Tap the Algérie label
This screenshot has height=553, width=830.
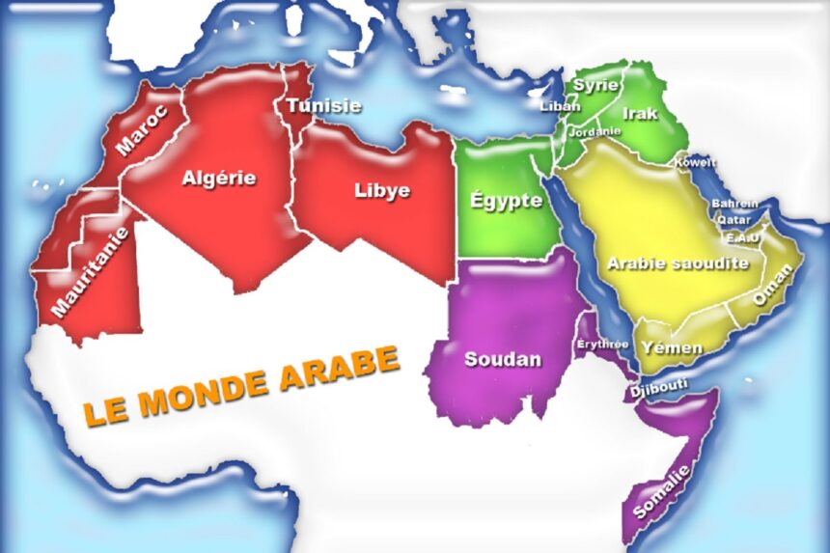tap(219, 178)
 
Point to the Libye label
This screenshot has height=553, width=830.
tap(382, 190)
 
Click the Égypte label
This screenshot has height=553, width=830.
tap(506, 201)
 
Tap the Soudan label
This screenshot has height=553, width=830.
tap(503, 359)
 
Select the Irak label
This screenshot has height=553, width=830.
tap(640, 113)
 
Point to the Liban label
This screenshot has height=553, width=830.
tap(561, 106)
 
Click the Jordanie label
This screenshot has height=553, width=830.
tap(595, 131)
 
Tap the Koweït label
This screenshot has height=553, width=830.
tap(694, 162)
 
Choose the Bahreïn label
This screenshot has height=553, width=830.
tap(734, 204)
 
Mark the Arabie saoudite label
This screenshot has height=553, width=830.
tap(678, 263)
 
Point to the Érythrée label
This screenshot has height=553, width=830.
tap(603, 344)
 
